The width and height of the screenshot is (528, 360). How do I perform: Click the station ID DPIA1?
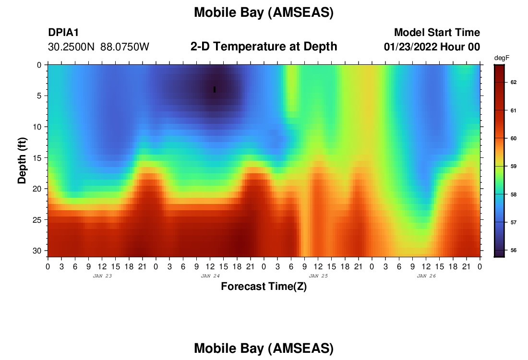pos(63,32)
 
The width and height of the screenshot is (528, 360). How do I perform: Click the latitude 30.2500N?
pos(72,47)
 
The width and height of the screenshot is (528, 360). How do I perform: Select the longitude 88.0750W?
pos(125,47)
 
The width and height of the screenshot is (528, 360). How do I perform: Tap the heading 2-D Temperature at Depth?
pos(264,47)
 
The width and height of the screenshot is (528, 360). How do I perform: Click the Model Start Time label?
pos(437,32)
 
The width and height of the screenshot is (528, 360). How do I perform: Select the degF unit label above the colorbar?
pos(502,58)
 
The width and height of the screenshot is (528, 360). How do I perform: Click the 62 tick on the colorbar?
pos(514,82)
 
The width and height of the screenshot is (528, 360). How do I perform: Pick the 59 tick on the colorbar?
pos(514,167)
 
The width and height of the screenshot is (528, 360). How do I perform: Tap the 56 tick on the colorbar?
pos(514,250)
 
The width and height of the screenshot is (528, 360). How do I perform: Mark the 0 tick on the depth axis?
pos(39,65)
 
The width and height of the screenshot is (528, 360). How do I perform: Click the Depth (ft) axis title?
pos(22,160)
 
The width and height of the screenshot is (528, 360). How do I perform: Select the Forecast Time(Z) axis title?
pos(264,286)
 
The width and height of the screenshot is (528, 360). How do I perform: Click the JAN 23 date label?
pos(102,276)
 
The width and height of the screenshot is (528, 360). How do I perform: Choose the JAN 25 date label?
pos(318,276)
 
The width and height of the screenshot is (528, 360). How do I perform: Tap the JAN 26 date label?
pos(426,276)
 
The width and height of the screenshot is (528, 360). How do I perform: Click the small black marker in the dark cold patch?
pos(215,90)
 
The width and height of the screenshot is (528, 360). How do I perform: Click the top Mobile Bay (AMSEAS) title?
pos(264,12)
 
